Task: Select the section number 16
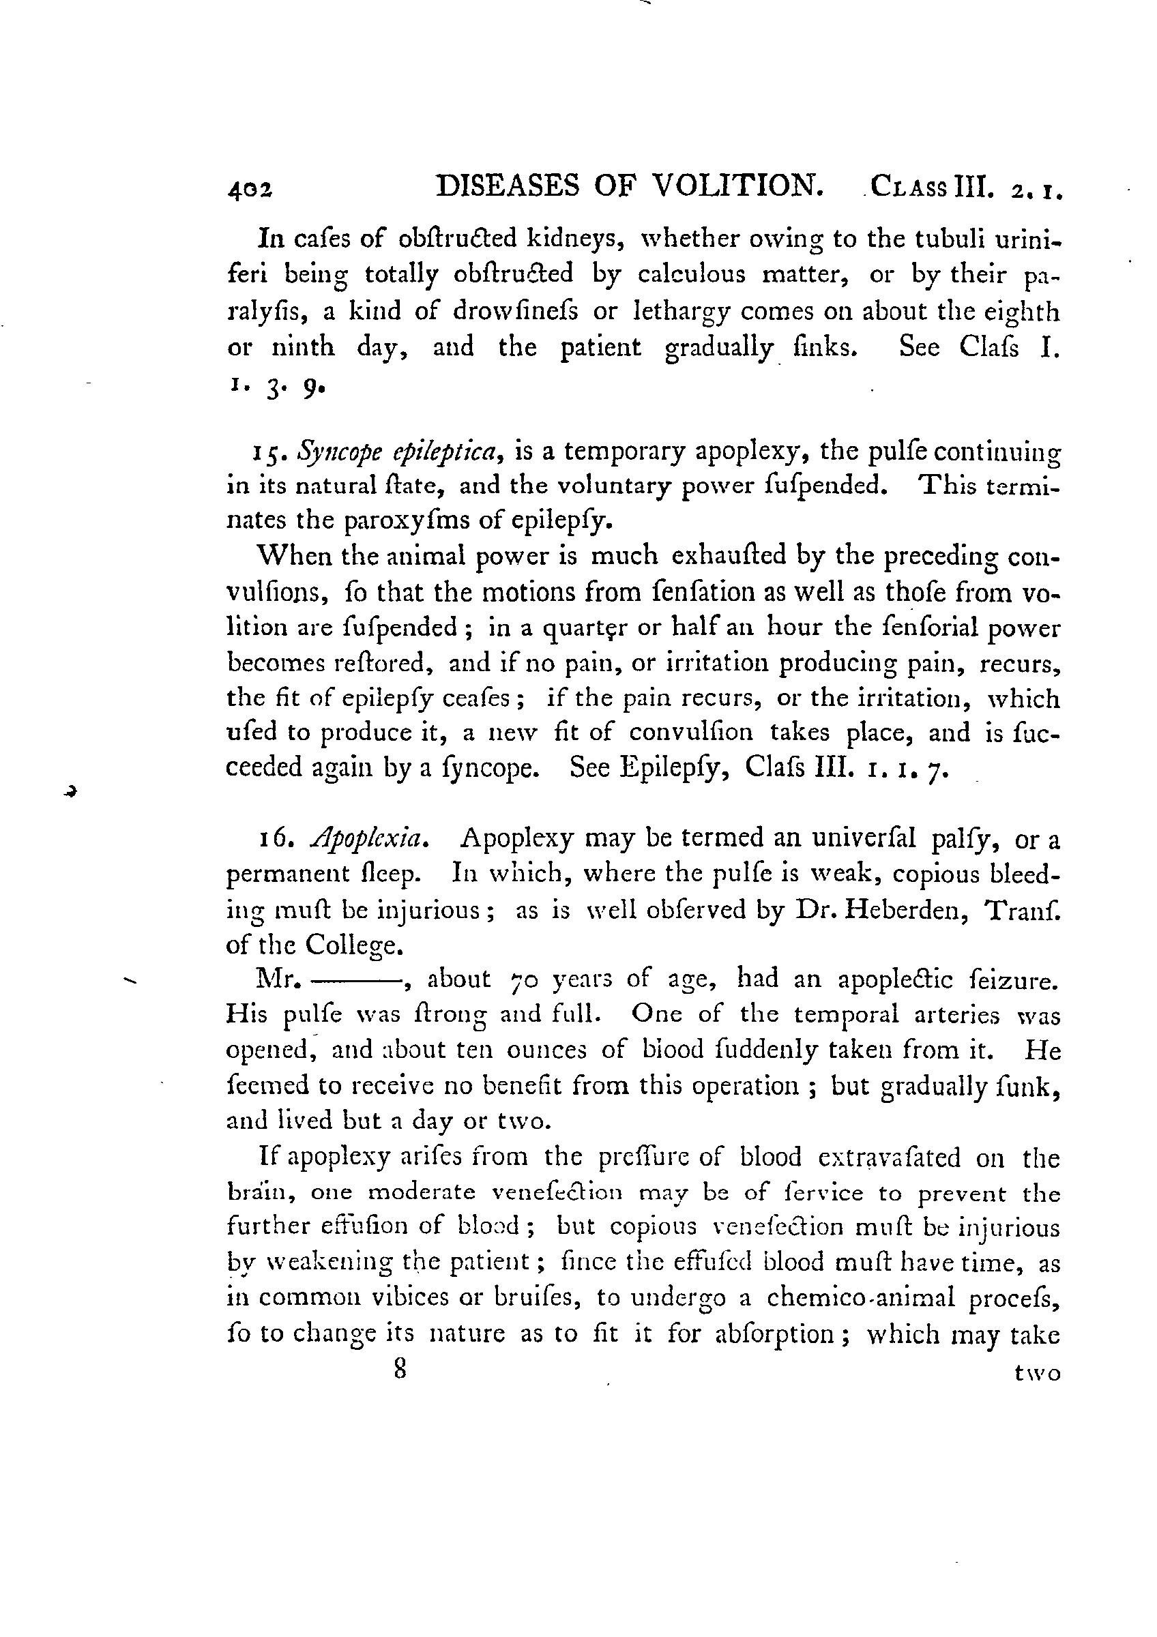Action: click(x=273, y=839)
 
